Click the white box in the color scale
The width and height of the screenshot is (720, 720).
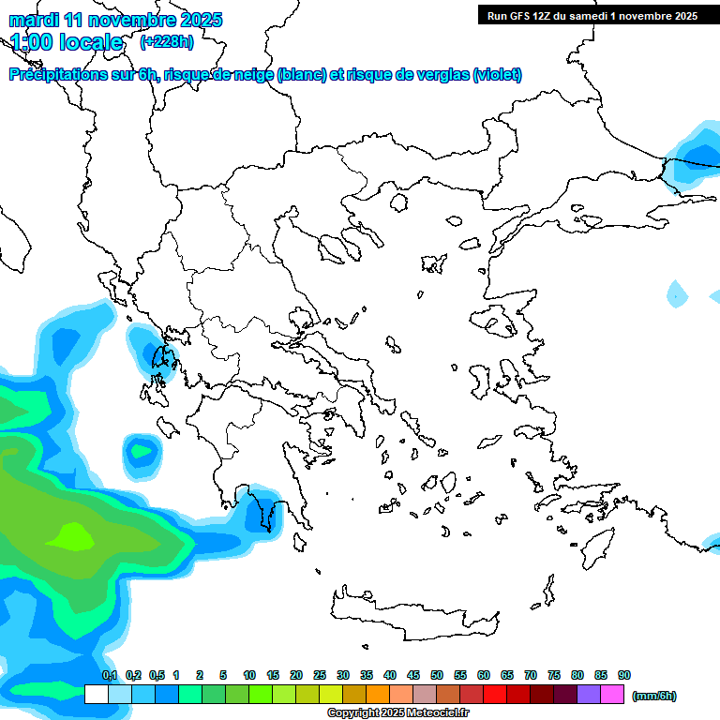96,694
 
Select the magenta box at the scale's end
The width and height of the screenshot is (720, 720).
613,694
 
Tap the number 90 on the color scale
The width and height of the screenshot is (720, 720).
624,675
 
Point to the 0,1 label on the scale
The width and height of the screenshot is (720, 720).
110,675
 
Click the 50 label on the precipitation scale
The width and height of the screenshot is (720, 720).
437,675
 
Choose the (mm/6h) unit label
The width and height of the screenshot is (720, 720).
654,696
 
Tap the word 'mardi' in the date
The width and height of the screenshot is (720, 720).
34,20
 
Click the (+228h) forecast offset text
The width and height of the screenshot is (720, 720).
167,41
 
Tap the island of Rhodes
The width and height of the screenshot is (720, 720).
597,546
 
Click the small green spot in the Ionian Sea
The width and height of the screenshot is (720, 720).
142,452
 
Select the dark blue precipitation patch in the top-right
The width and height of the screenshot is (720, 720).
697,155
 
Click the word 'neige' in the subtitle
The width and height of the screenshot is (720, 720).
252,75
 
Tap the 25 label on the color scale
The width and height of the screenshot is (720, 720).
320,675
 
